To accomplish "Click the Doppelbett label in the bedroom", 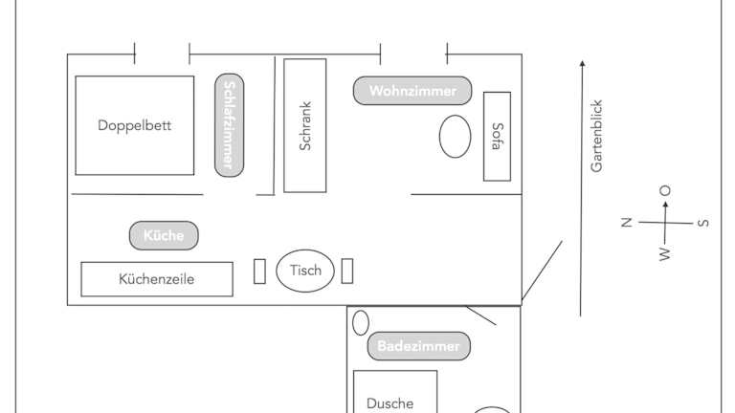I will (135, 125).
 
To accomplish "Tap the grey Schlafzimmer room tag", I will (229, 125).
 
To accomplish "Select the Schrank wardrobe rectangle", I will (305, 125).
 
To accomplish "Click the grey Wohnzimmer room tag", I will (412, 91).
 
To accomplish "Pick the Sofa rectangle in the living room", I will (497, 136).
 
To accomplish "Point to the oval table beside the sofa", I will (456, 136).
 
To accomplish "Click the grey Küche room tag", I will (164, 235).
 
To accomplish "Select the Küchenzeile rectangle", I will (157, 279).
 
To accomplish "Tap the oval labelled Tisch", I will (305, 271).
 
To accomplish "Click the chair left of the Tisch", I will (259, 271).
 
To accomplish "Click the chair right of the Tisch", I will (347, 271).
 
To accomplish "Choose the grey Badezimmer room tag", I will (418, 346).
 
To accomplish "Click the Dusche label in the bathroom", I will (390, 403).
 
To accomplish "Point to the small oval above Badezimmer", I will (361, 322).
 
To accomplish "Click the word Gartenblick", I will (597, 136).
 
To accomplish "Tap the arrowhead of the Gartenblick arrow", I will (581, 64).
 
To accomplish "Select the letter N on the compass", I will (626, 223).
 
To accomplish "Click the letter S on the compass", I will (703, 224).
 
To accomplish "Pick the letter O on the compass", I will (665, 190).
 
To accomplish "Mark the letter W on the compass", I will (664, 254).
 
